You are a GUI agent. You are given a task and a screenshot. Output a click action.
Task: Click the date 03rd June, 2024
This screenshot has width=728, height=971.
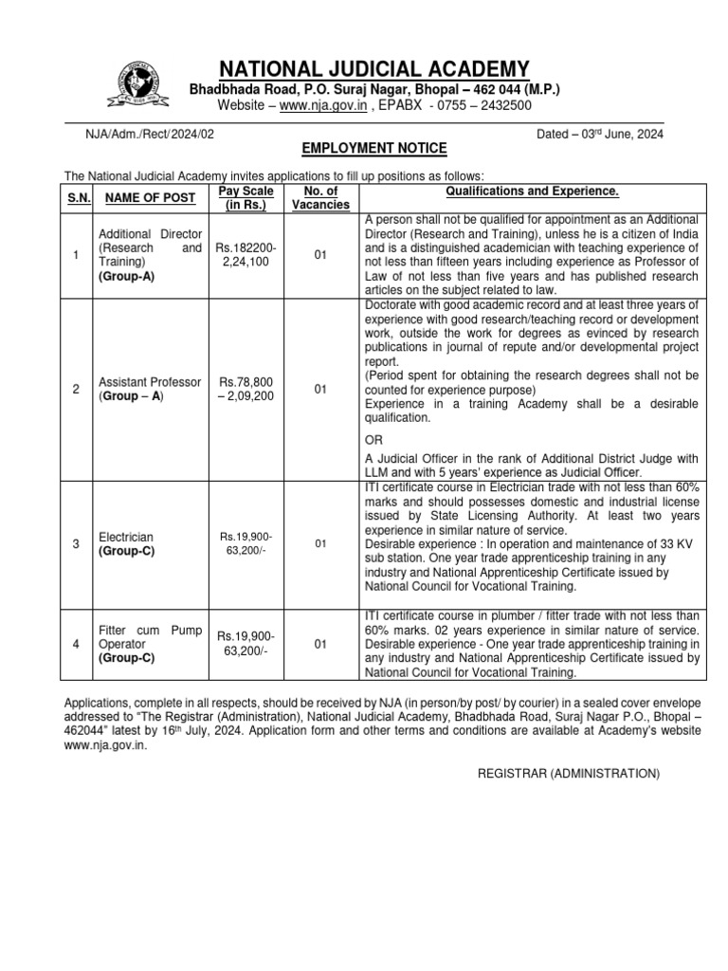click(599, 134)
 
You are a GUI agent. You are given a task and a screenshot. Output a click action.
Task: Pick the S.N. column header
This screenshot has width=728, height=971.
click(76, 197)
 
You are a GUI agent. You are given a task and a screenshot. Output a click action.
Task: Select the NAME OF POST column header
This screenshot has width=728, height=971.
click(150, 197)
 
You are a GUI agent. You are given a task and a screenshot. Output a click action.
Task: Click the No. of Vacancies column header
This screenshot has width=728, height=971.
click(320, 197)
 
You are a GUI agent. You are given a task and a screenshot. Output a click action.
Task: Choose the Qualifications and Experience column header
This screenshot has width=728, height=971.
click(532, 191)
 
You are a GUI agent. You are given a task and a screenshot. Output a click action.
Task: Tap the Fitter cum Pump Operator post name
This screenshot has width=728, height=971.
click(150, 644)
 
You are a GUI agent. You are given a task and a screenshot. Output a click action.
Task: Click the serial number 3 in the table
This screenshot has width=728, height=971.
click(76, 543)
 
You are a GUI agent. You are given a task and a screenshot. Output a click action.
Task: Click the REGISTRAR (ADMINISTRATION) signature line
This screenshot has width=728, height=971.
click(567, 774)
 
